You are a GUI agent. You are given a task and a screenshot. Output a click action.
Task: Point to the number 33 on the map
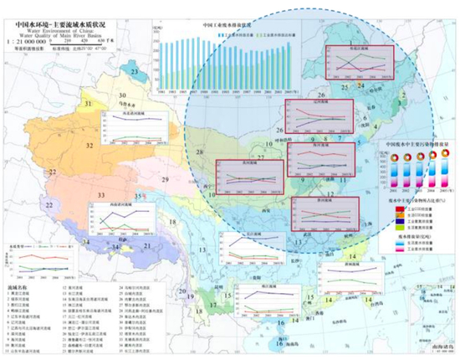[101, 195]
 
